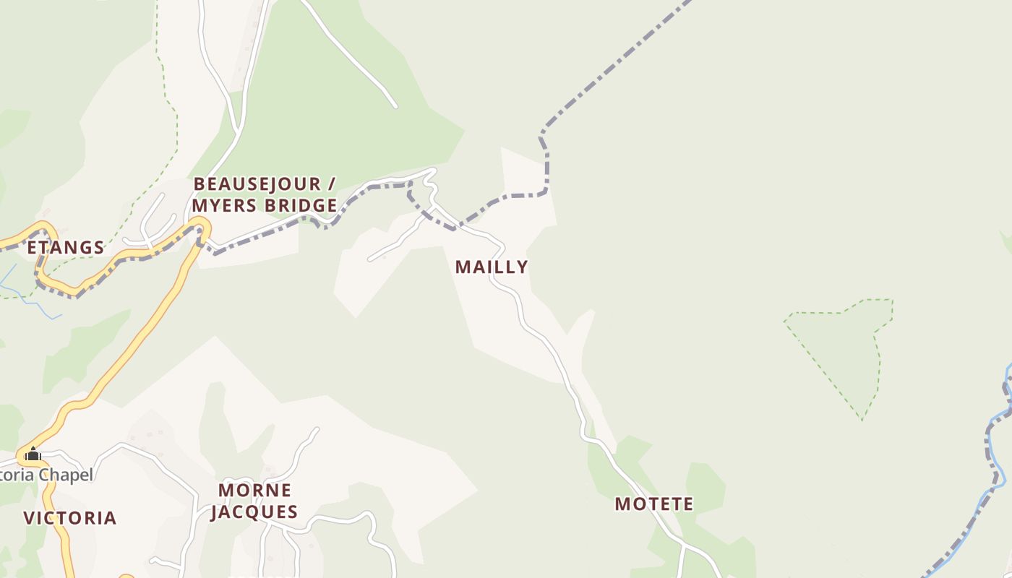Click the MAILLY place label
coord(492,267)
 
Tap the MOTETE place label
coord(654,504)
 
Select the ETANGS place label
coord(66,248)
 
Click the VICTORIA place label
coord(70,518)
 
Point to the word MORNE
coord(255,491)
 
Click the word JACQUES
coord(254,512)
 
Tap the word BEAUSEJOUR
coord(257,184)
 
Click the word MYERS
coord(223,206)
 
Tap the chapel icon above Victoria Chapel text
coord(33,454)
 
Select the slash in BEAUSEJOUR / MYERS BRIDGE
coord(331,184)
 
